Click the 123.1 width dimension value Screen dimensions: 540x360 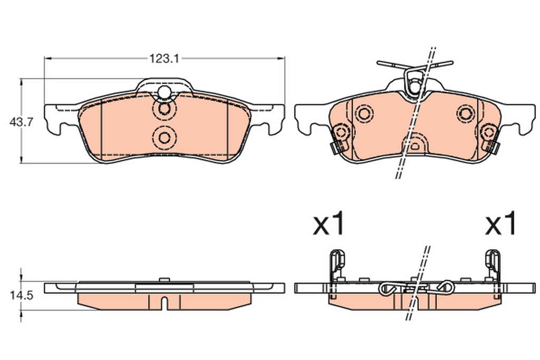click(165, 59)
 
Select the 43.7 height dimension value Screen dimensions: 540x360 click(21, 122)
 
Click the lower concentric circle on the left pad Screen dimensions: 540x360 click(165, 138)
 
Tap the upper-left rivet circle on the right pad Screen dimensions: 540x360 click(364, 113)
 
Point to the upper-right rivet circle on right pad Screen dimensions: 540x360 click(466, 113)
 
